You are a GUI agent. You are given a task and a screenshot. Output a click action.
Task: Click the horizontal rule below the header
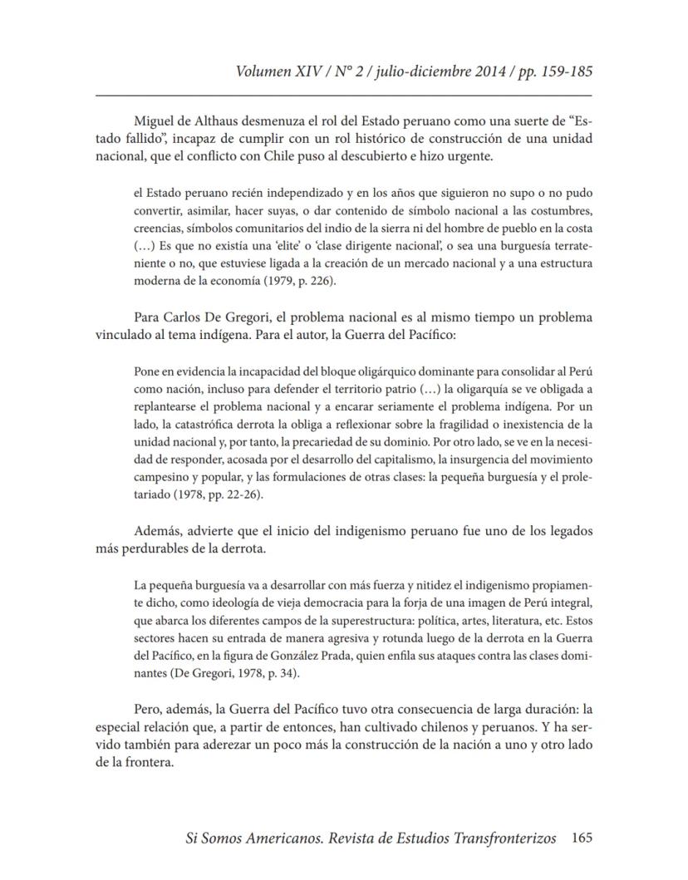(x=344, y=96)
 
